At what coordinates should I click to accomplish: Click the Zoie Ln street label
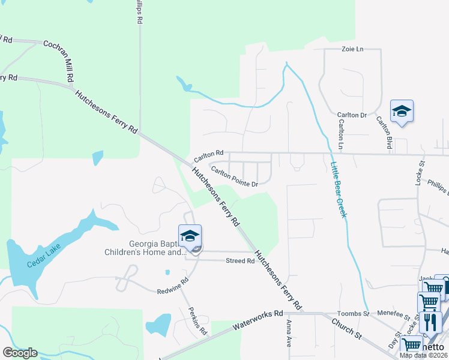(x=352, y=49)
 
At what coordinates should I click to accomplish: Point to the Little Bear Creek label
(x=339, y=185)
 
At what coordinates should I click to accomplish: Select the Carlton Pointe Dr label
(x=234, y=176)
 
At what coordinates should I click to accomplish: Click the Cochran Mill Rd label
(x=58, y=61)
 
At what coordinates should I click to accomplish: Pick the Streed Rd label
(x=240, y=261)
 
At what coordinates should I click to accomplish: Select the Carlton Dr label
(x=351, y=115)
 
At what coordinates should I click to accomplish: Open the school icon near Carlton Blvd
(x=402, y=112)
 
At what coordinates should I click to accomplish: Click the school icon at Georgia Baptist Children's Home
(x=190, y=236)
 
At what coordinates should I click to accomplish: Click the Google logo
(x=20, y=353)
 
